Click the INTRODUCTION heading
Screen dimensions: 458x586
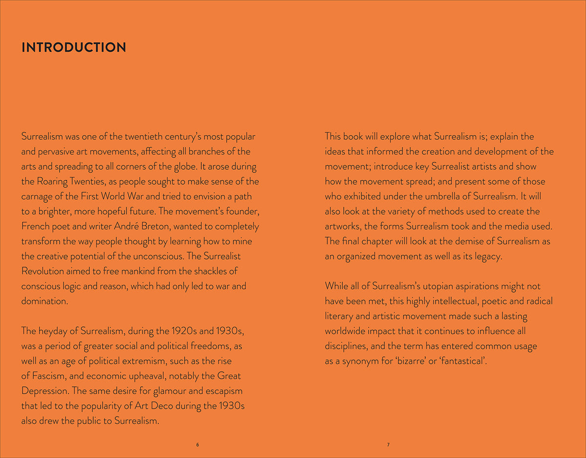[74, 47]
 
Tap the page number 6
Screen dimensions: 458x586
[197, 445]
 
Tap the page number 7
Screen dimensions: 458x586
[388, 445]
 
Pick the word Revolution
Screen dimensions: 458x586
[43, 271]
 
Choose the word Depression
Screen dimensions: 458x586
[44, 391]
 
